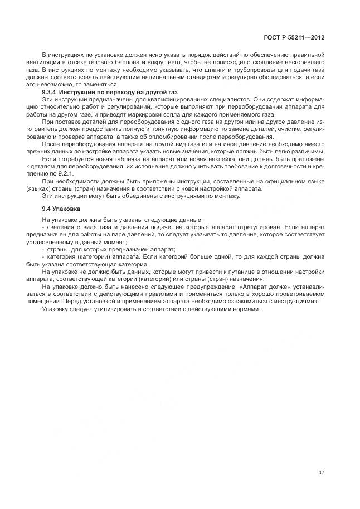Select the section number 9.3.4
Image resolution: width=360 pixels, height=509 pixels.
tap(51, 91)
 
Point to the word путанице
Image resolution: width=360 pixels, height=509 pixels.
tap(216, 272)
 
